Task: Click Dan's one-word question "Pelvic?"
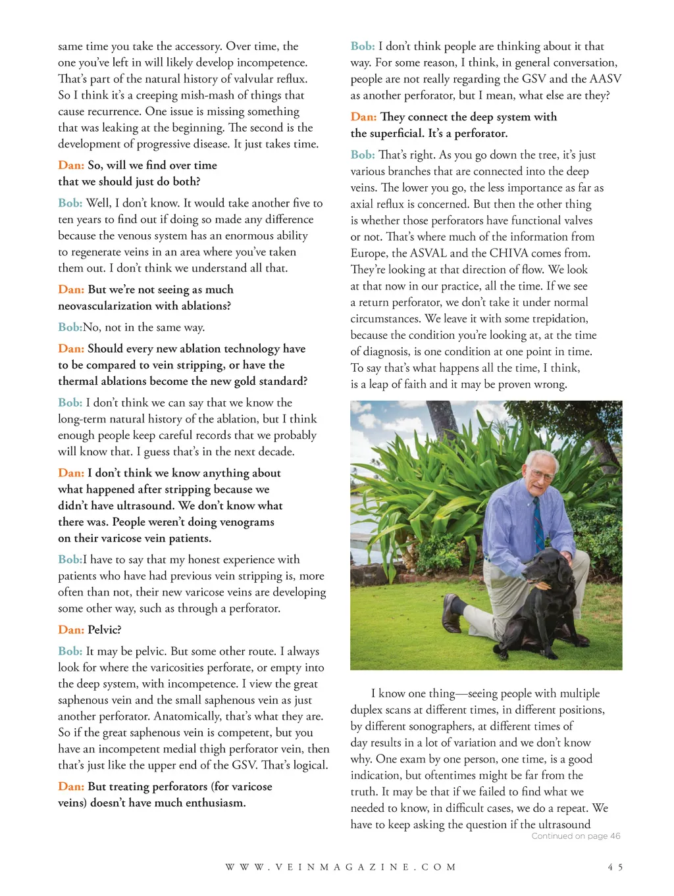105,630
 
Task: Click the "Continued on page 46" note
576,836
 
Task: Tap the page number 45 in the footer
615,867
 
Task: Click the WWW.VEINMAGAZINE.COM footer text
340,867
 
